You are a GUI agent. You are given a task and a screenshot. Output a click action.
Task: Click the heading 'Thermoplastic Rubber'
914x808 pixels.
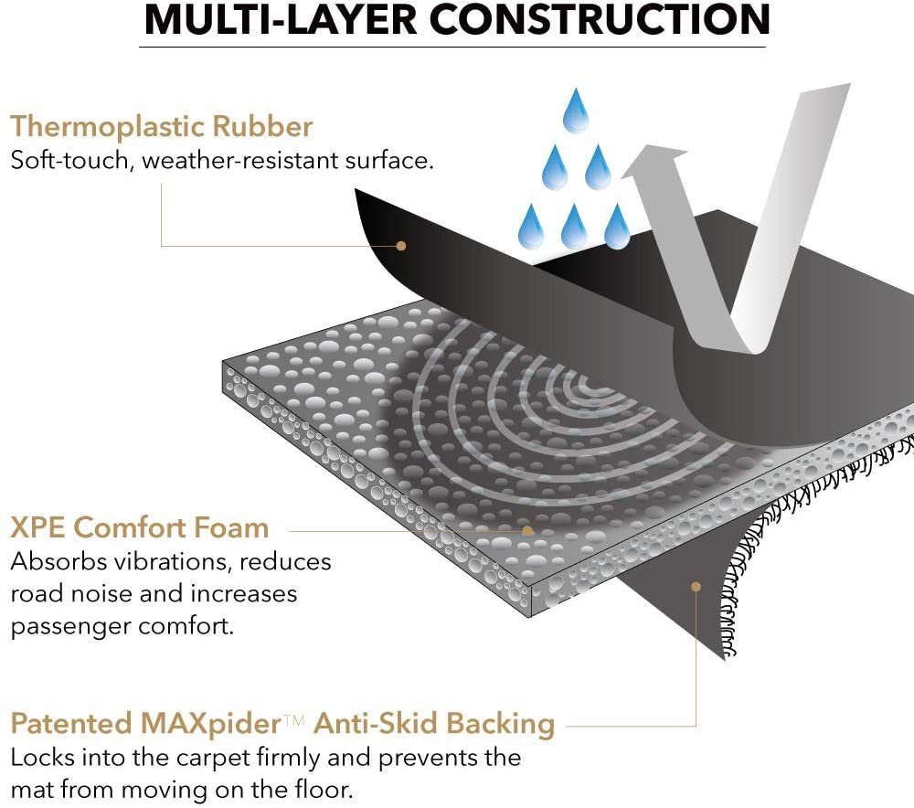coord(162,127)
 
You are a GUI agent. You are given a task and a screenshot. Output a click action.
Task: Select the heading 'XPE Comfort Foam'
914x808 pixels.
coord(140,527)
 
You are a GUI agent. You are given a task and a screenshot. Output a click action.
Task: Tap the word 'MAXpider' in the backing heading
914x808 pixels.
coord(211,724)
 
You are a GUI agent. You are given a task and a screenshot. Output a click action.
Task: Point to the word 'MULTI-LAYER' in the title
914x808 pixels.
coord(281,20)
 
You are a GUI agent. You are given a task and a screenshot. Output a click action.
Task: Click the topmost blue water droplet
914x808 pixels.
coord(576,111)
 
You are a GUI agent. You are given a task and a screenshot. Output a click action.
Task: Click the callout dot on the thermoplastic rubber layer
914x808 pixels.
coord(401,246)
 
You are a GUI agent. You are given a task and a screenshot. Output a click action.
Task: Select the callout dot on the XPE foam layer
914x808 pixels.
coord(527,530)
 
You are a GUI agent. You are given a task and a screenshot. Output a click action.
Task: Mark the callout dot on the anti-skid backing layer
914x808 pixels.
coord(696,587)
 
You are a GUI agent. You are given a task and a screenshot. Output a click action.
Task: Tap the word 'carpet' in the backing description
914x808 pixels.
coord(213,759)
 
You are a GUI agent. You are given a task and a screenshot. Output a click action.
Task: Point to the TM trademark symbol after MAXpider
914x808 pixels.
coord(294,720)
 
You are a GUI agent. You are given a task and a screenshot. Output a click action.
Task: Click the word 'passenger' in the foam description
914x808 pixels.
coord(71,627)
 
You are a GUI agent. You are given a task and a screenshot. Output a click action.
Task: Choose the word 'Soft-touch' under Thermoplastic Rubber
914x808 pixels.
coord(69,160)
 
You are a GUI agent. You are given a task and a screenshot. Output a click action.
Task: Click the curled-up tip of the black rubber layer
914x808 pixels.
coord(356,191)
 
